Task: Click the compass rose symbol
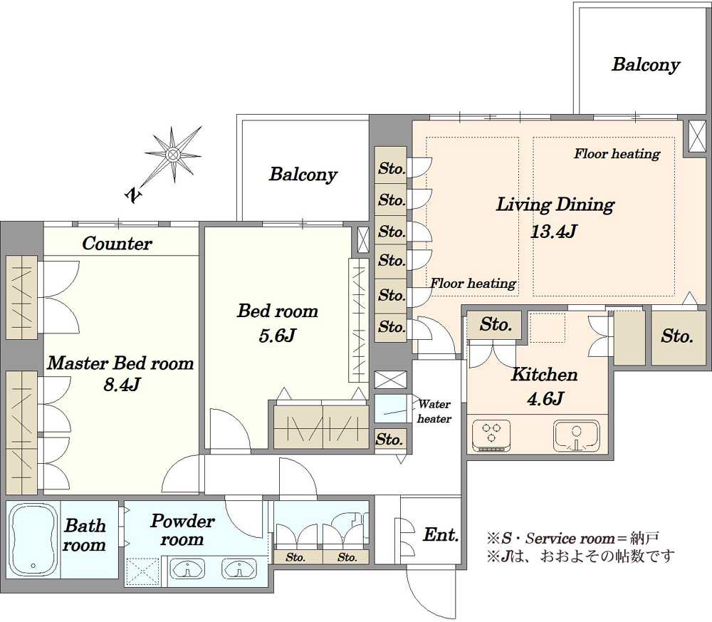click(173, 155)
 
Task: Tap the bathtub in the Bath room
click(33, 539)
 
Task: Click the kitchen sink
click(576, 436)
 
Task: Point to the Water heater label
click(434, 411)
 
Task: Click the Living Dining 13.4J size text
click(553, 232)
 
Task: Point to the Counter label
click(117, 244)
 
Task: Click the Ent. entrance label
click(441, 535)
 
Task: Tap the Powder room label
click(182, 530)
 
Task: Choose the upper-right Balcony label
click(645, 65)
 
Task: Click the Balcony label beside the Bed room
click(303, 175)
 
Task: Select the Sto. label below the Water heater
click(389, 440)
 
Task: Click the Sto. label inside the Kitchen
click(496, 324)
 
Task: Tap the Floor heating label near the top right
click(617, 154)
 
